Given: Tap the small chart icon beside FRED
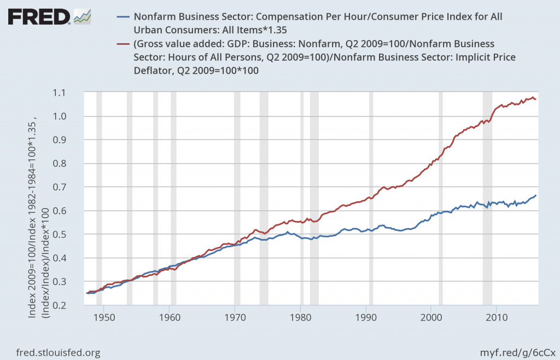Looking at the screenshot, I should pos(83,17).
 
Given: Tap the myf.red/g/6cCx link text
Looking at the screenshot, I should pos(516,353).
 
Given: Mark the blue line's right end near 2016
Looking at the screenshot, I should pos(536,195).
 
